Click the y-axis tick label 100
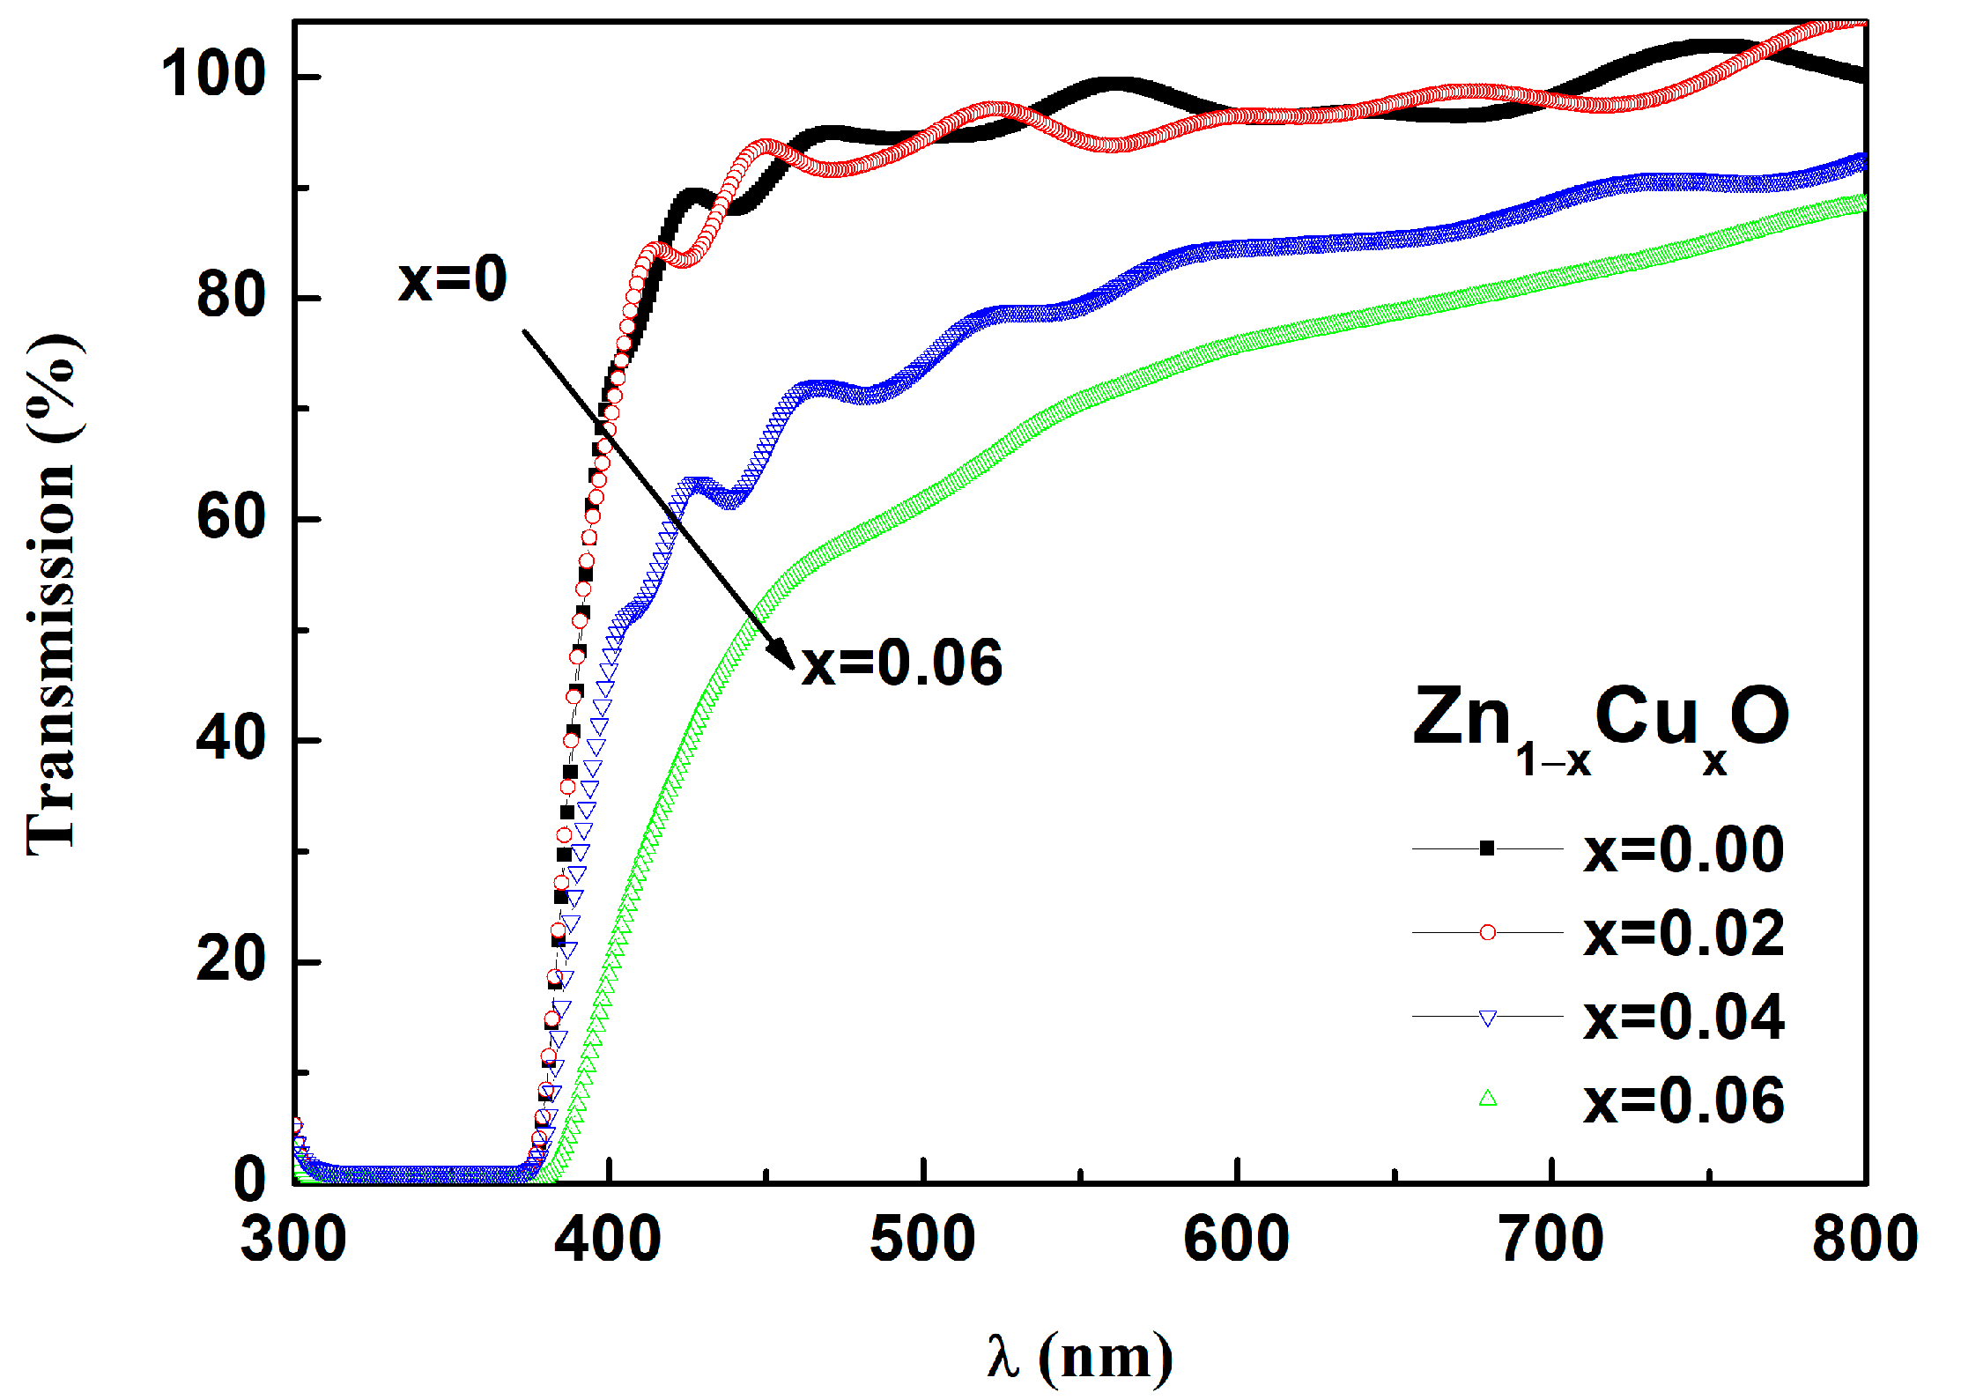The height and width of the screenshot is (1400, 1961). click(212, 75)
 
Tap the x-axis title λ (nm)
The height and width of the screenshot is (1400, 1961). click(1080, 1358)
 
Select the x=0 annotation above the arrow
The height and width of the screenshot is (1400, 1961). click(453, 280)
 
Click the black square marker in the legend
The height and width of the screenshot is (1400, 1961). click(1487, 849)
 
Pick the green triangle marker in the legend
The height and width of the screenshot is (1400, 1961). click(1487, 1099)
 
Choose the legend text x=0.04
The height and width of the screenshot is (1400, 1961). click(1683, 1018)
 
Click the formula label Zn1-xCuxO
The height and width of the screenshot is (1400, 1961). click(1601, 727)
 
